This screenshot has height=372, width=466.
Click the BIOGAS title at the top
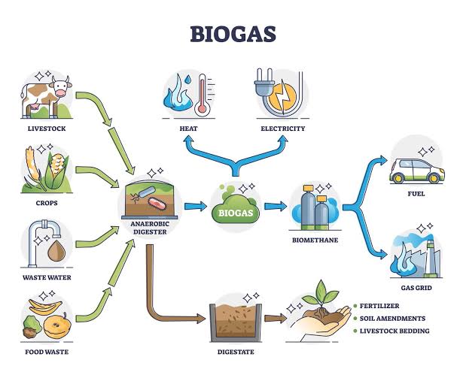(232, 34)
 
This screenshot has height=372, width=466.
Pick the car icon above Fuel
(416, 168)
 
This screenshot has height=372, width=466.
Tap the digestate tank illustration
(234, 319)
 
